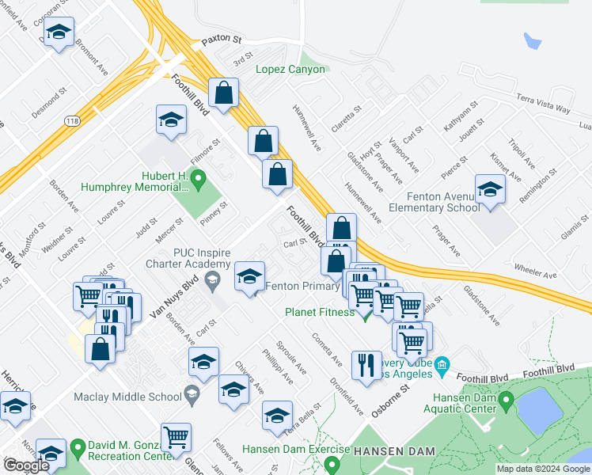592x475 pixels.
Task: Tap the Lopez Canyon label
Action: click(290, 69)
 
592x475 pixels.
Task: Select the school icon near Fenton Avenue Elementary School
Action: click(490, 190)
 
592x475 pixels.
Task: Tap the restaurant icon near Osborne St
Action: click(365, 364)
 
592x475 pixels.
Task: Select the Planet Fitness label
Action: click(321, 311)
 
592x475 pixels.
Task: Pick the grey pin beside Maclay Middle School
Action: click(192, 393)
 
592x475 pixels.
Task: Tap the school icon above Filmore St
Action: click(170, 120)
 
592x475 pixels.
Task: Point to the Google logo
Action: click(26, 465)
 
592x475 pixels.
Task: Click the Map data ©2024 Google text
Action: click(543, 469)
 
